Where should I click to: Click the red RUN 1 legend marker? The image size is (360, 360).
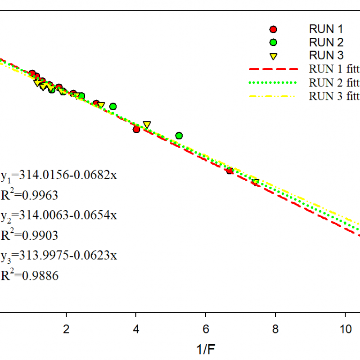tap(273, 29)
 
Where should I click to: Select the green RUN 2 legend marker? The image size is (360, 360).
tap(273, 43)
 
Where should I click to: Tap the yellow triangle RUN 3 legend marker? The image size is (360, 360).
tap(273, 56)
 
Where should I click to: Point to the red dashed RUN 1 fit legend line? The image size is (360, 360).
tap(273, 69)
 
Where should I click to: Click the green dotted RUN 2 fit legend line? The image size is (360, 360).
tap(273, 82)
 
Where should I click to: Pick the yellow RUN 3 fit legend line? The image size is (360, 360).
tap(273, 96)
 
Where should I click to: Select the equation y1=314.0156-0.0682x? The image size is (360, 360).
tap(59, 175)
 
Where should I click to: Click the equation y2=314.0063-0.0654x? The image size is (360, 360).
tap(59, 215)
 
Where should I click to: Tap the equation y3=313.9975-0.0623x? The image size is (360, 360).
tap(59, 256)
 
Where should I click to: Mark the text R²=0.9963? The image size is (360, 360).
tap(30, 195)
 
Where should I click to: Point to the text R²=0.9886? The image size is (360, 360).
tap(30, 275)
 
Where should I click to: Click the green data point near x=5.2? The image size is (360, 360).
tap(179, 135)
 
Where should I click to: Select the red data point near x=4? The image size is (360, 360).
tap(136, 129)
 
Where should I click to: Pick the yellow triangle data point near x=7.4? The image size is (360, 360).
tap(255, 182)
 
